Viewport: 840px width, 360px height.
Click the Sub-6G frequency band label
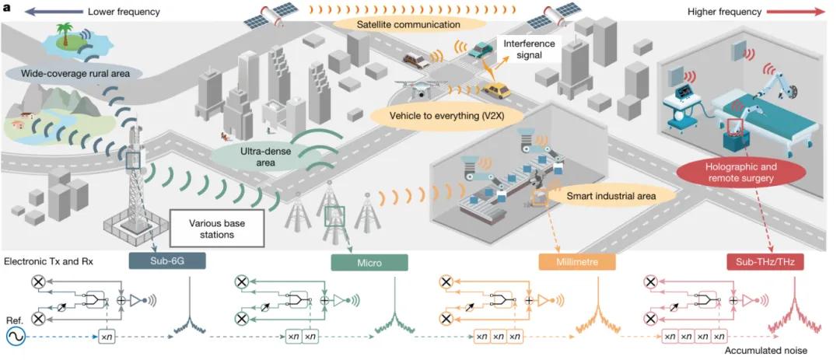(x=166, y=262)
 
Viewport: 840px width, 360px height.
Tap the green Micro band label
(x=369, y=262)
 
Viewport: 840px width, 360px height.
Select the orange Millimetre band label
(x=577, y=262)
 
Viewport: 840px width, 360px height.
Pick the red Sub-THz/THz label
(x=765, y=262)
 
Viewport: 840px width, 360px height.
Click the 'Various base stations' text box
(x=217, y=226)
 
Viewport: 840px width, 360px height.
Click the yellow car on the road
(x=495, y=91)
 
